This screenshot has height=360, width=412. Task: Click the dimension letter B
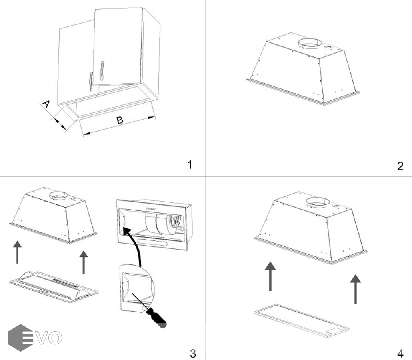pyautogui.click(x=120, y=120)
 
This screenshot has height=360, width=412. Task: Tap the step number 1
pyautogui.click(x=190, y=164)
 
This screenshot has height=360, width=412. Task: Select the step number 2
pyautogui.click(x=400, y=166)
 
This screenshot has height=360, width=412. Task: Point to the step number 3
pyautogui.click(x=193, y=353)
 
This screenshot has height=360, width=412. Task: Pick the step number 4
pyautogui.click(x=400, y=353)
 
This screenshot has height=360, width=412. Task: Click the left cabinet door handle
pyautogui.click(x=90, y=82)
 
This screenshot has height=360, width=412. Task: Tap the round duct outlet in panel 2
pyautogui.click(x=309, y=44)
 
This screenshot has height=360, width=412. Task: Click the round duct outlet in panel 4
pyautogui.click(x=318, y=202)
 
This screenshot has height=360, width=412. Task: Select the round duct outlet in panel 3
pyautogui.click(x=59, y=196)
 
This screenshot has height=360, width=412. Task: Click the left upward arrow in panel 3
pyautogui.click(x=17, y=252)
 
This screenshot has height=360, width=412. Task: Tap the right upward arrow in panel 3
pyautogui.click(x=84, y=262)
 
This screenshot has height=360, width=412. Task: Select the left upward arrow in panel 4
pyautogui.click(x=270, y=276)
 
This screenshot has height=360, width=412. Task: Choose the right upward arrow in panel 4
pyautogui.click(x=355, y=288)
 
